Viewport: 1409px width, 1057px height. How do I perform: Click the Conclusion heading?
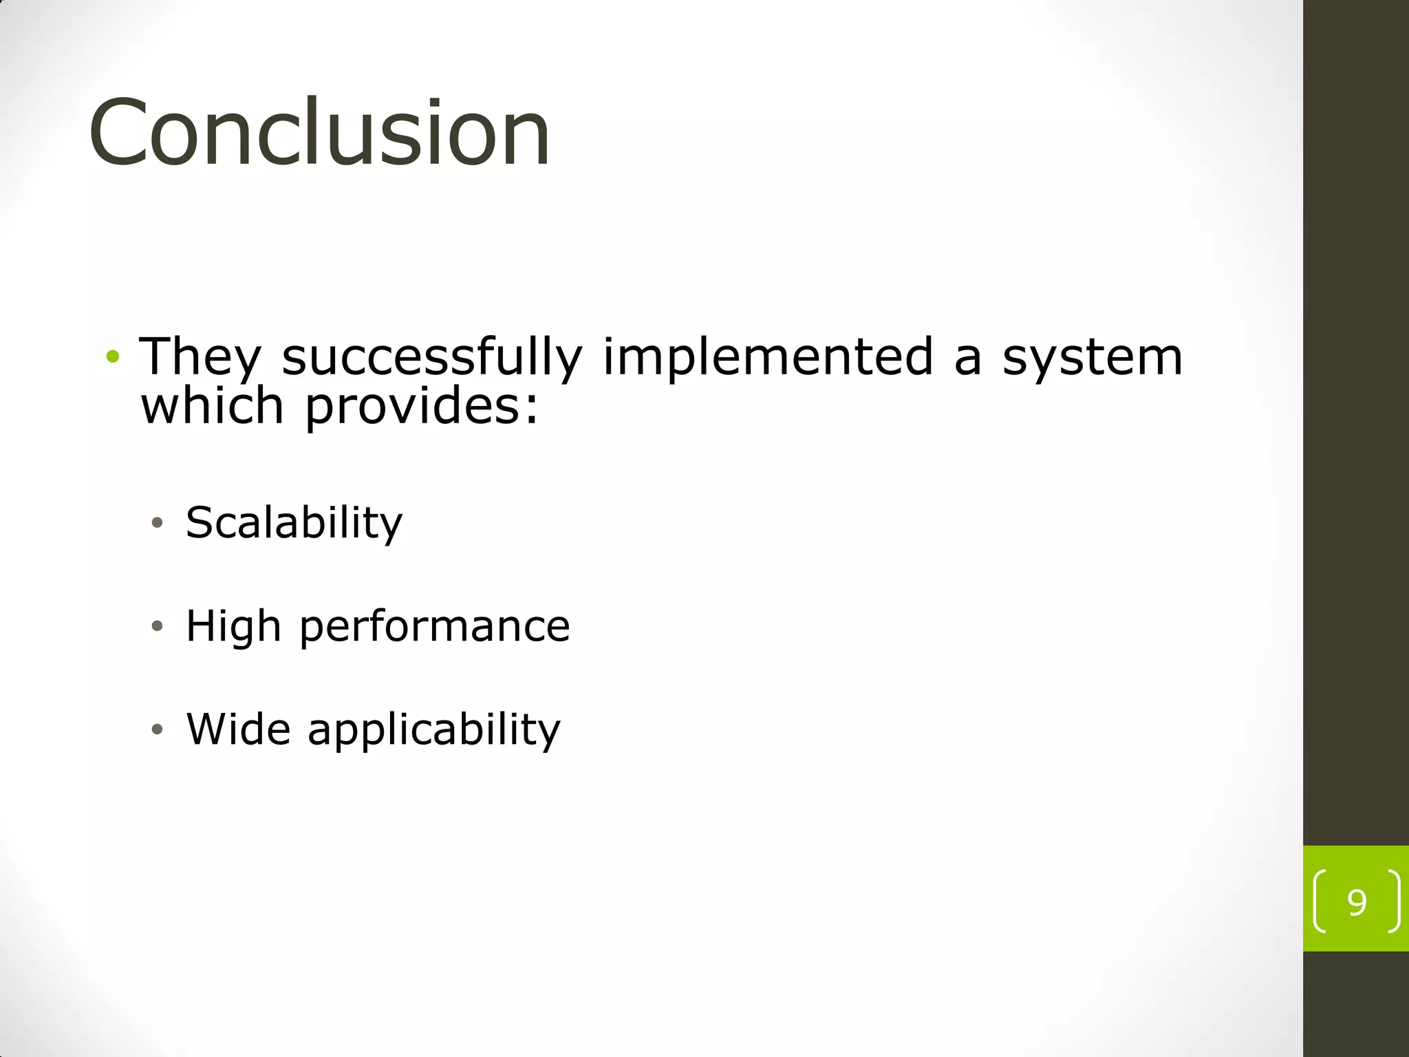coord(320,132)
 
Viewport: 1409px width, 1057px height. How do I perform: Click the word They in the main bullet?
coord(200,358)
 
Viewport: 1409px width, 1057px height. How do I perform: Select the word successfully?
coord(432,358)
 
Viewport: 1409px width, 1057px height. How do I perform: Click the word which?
coord(212,406)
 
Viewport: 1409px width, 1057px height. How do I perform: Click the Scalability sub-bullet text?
coord(294,523)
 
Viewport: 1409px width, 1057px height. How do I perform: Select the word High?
coord(234,627)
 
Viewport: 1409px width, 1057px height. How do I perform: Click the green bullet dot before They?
coord(113,357)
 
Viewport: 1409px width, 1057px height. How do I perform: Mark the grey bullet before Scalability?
coord(158,523)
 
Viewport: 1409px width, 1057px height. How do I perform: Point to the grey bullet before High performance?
coord(158,626)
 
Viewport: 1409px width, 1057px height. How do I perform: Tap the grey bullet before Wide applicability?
coord(158,729)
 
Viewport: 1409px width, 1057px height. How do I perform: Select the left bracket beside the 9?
coord(1320,901)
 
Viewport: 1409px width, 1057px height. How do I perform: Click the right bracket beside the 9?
coord(1394,901)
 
